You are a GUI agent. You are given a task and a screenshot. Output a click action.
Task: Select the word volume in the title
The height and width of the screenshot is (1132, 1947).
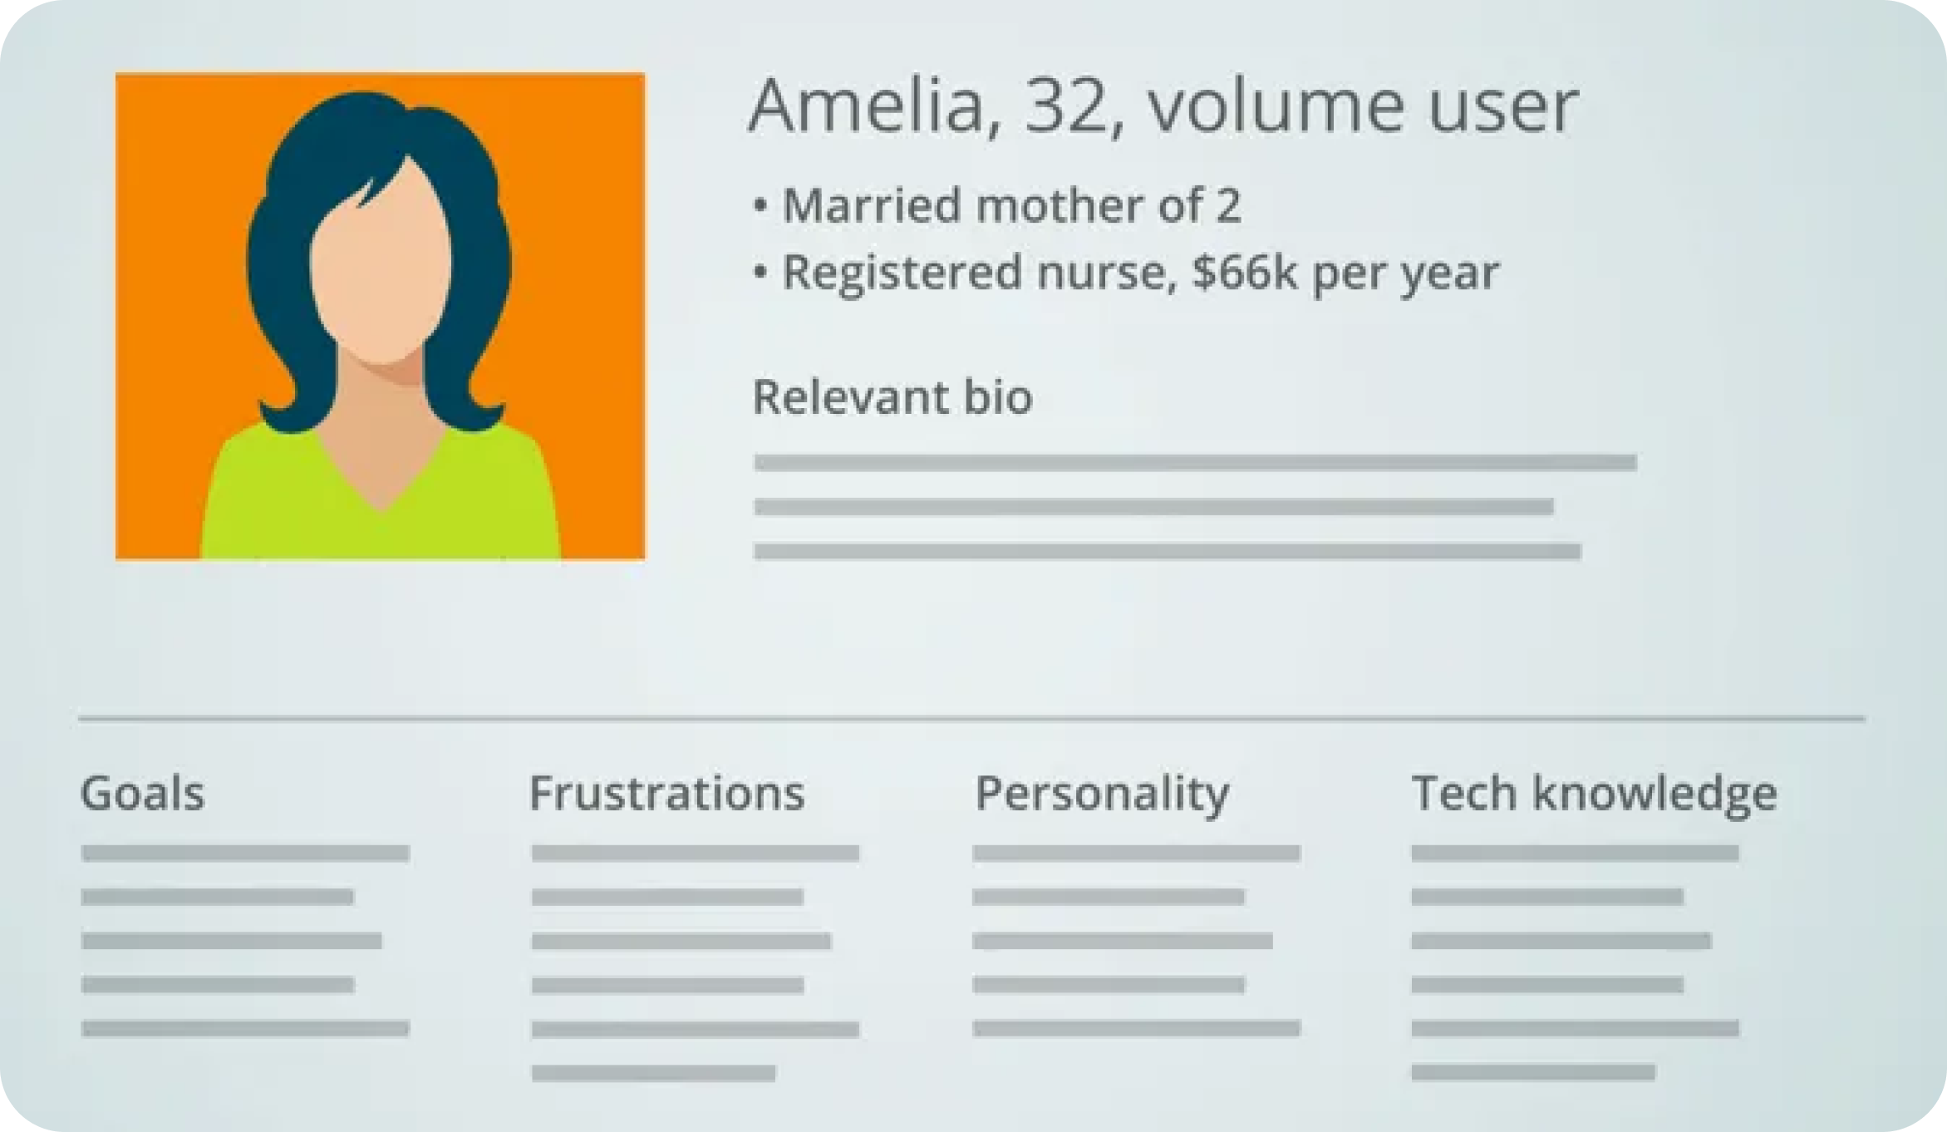coord(1276,106)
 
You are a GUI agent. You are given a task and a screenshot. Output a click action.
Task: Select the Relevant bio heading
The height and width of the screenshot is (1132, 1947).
coord(892,396)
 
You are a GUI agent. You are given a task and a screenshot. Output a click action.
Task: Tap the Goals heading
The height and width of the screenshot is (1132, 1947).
coord(142,793)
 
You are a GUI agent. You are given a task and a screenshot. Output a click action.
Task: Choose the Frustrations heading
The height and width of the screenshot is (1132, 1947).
coord(667,793)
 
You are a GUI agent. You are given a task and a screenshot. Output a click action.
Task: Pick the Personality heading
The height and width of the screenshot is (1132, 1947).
coord(1102,795)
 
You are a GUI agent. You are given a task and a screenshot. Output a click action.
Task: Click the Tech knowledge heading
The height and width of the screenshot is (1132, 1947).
coord(1595,795)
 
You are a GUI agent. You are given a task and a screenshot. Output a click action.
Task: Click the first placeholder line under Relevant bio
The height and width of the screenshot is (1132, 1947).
coord(1195,463)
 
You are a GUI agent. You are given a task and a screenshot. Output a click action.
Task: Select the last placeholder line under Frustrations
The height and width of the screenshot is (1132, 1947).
coord(653,1073)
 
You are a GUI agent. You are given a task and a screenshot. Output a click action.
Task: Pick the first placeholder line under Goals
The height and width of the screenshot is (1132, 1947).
coord(245,853)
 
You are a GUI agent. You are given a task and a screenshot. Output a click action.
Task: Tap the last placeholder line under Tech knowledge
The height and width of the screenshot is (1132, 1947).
coord(1533,1072)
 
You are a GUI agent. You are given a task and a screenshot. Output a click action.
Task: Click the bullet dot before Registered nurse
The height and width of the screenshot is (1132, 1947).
coord(760,272)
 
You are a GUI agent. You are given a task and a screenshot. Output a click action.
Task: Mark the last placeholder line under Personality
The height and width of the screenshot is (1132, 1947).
coord(1136,1029)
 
